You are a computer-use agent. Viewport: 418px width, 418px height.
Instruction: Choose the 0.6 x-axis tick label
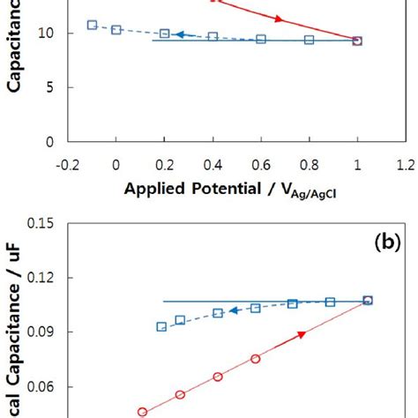pos(260,164)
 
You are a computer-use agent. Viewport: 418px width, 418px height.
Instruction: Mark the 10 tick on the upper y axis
pos(44,34)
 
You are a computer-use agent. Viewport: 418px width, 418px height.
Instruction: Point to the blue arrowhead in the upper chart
pos(177,34)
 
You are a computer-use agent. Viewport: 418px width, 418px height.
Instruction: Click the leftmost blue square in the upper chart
pos(93,25)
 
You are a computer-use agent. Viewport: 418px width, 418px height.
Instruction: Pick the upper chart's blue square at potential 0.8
pos(309,40)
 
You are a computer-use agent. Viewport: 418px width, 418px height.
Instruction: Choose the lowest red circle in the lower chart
pos(142,411)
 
